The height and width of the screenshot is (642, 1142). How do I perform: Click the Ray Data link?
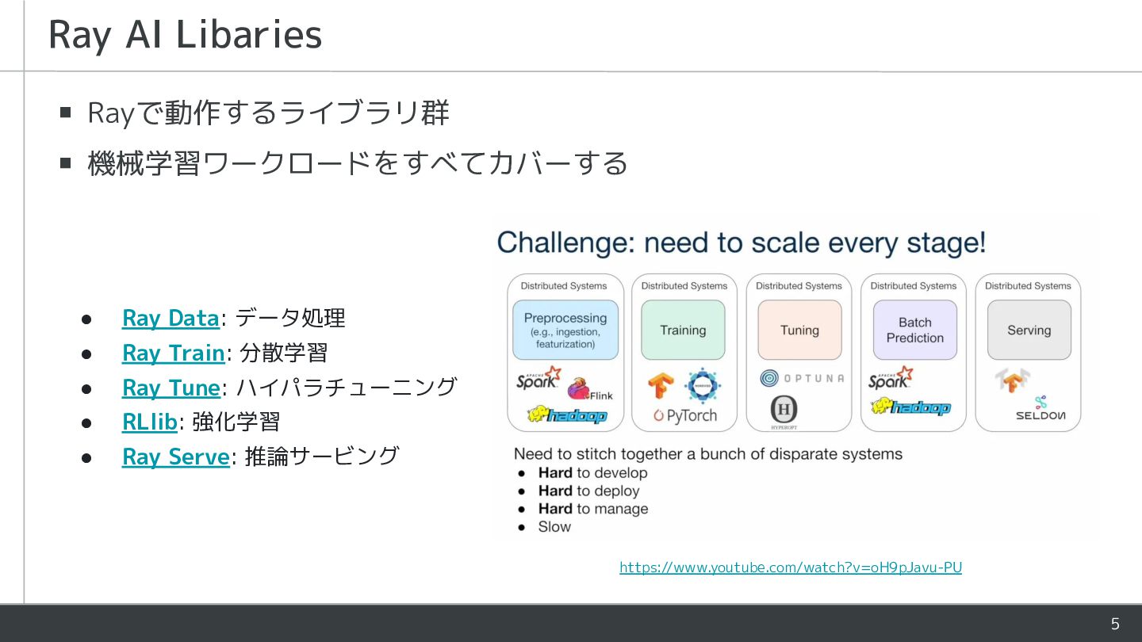[x=171, y=319]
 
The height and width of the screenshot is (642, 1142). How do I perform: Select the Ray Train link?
[x=174, y=353]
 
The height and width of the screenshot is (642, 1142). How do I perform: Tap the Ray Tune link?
[x=171, y=388]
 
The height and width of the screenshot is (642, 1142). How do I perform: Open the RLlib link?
[x=149, y=422]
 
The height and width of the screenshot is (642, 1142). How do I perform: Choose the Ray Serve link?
[x=175, y=457]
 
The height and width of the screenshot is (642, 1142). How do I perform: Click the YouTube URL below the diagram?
[x=790, y=567]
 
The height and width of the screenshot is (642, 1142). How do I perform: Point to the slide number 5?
[x=1115, y=624]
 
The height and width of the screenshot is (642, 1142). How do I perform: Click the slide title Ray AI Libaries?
[x=186, y=35]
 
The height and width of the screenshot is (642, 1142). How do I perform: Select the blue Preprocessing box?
[x=565, y=330]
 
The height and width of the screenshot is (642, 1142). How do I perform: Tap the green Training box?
[x=683, y=330]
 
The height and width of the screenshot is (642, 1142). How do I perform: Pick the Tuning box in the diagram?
[x=799, y=330]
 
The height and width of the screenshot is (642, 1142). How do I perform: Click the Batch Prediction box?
[x=915, y=330]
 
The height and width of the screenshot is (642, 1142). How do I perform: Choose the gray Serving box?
[x=1029, y=330]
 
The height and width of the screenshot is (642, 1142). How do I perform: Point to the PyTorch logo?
[x=685, y=415]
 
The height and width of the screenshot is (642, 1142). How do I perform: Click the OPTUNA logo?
[x=802, y=379]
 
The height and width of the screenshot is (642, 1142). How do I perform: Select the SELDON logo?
[x=1040, y=409]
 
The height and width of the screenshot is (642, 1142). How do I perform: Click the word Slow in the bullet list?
[x=554, y=527]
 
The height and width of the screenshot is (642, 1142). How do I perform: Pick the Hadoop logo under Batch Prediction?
[x=910, y=407]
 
